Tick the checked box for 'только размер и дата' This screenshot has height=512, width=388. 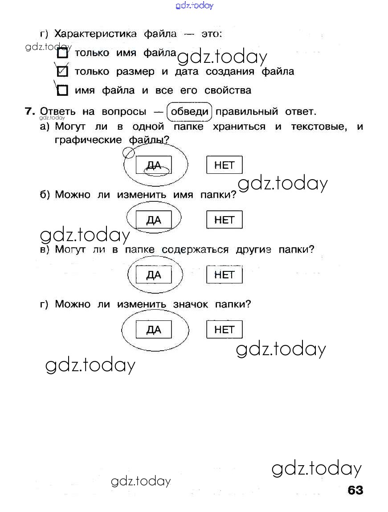point(63,72)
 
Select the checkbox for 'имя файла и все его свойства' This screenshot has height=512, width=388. point(63,91)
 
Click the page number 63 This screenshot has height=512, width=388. point(355,490)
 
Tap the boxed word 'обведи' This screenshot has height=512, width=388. point(190,111)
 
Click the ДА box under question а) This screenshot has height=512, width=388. point(154,165)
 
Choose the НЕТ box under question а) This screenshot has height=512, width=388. point(224,165)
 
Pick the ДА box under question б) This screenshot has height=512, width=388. point(154,220)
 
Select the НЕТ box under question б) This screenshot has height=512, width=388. point(224,220)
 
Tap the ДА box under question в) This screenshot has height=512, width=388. point(154,274)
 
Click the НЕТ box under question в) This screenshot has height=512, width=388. point(224,274)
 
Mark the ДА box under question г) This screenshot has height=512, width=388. point(154,330)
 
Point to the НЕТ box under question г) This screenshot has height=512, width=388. point(224,330)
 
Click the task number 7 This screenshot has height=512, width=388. point(30,111)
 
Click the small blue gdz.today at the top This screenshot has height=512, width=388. point(195,5)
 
